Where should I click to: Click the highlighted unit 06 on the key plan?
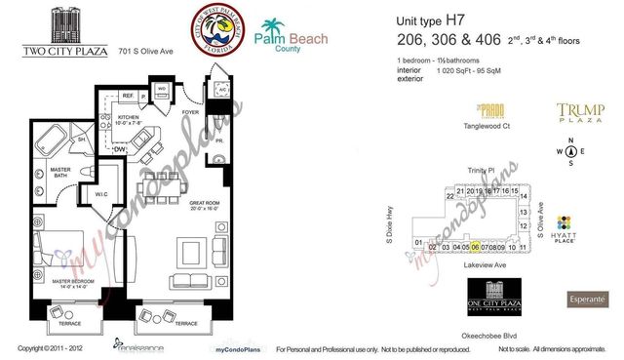click(474, 248)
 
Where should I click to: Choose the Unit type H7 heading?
click(429, 20)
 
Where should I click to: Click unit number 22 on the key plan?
click(449, 196)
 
